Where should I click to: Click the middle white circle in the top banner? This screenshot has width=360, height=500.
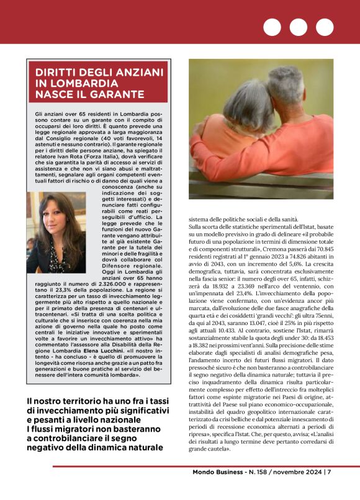(298, 27)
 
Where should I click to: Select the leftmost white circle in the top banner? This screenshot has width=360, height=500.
(272, 27)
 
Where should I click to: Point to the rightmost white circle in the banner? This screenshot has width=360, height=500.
(324, 27)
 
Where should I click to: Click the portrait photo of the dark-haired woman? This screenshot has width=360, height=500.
(56, 231)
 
